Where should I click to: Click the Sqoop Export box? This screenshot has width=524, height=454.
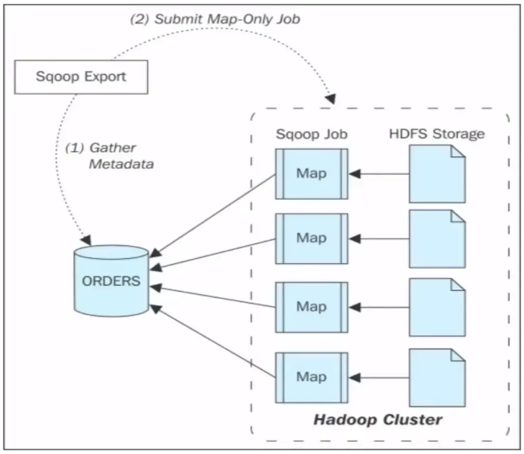(81, 76)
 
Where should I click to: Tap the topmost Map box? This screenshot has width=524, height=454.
(311, 174)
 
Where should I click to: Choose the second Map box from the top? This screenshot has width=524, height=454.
(311, 238)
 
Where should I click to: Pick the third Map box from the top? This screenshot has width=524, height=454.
(311, 307)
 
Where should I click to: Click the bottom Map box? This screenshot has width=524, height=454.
(311, 377)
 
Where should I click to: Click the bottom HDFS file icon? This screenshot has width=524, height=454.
(436, 377)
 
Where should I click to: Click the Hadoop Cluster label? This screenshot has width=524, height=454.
(378, 420)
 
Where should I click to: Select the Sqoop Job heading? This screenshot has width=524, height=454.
(311, 134)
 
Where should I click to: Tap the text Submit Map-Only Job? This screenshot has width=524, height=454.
(215, 20)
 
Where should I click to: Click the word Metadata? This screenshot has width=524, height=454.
(121, 164)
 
